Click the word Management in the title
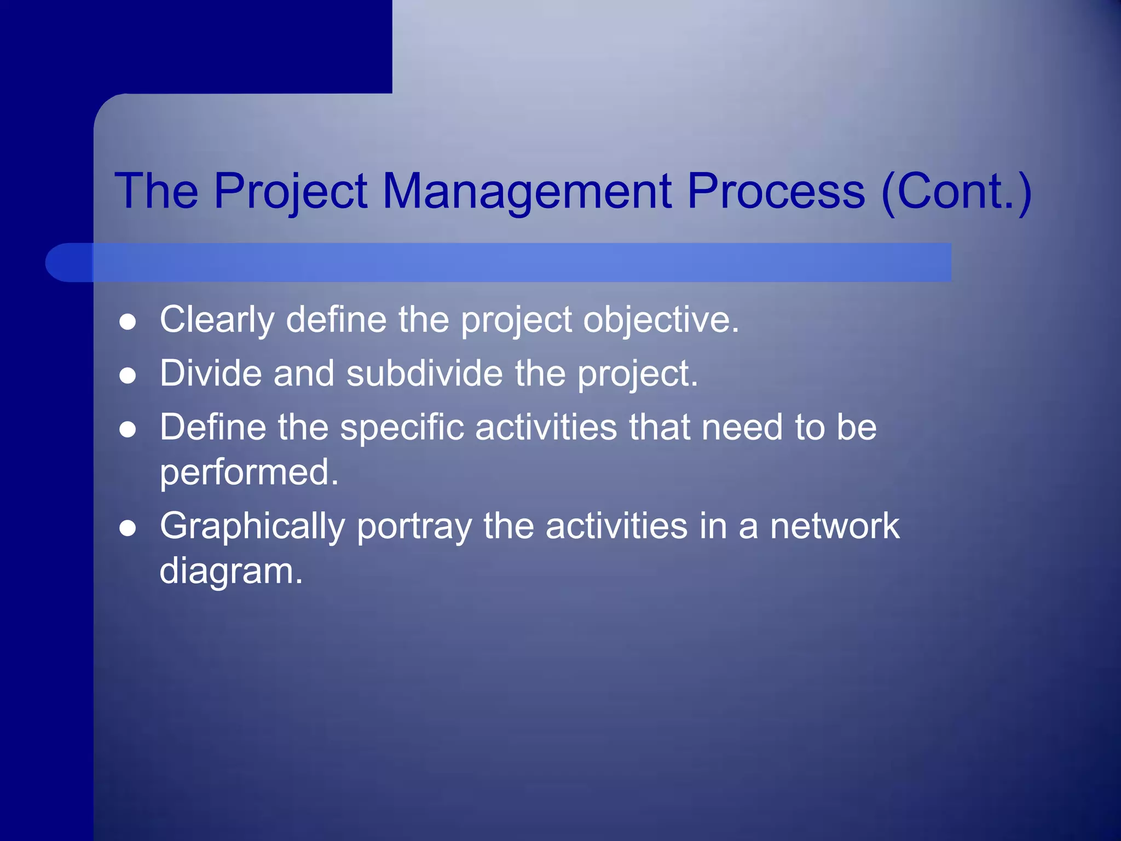pyautogui.click(x=527, y=192)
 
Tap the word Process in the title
pyautogui.click(x=776, y=192)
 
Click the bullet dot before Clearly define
pyautogui.click(x=128, y=322)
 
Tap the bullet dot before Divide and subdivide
pyautogui.click(x=128, y=376)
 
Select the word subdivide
pyautogui.click(x=424, y=373)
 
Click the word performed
pyautogui.click(x=249, y=472)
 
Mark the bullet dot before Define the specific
pyautogui.click(x=128, y=430)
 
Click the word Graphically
pyautogui.click(x=252, y=527)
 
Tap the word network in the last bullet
pyautogui.click(x=835, y=526)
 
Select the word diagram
pyautogui.click(x=230, y=571)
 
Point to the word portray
pyautogui.click(x=414, y=527)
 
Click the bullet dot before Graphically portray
pyautogui.click(x=128, y=528)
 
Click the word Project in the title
pyautogui.click(x=290, y=192)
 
